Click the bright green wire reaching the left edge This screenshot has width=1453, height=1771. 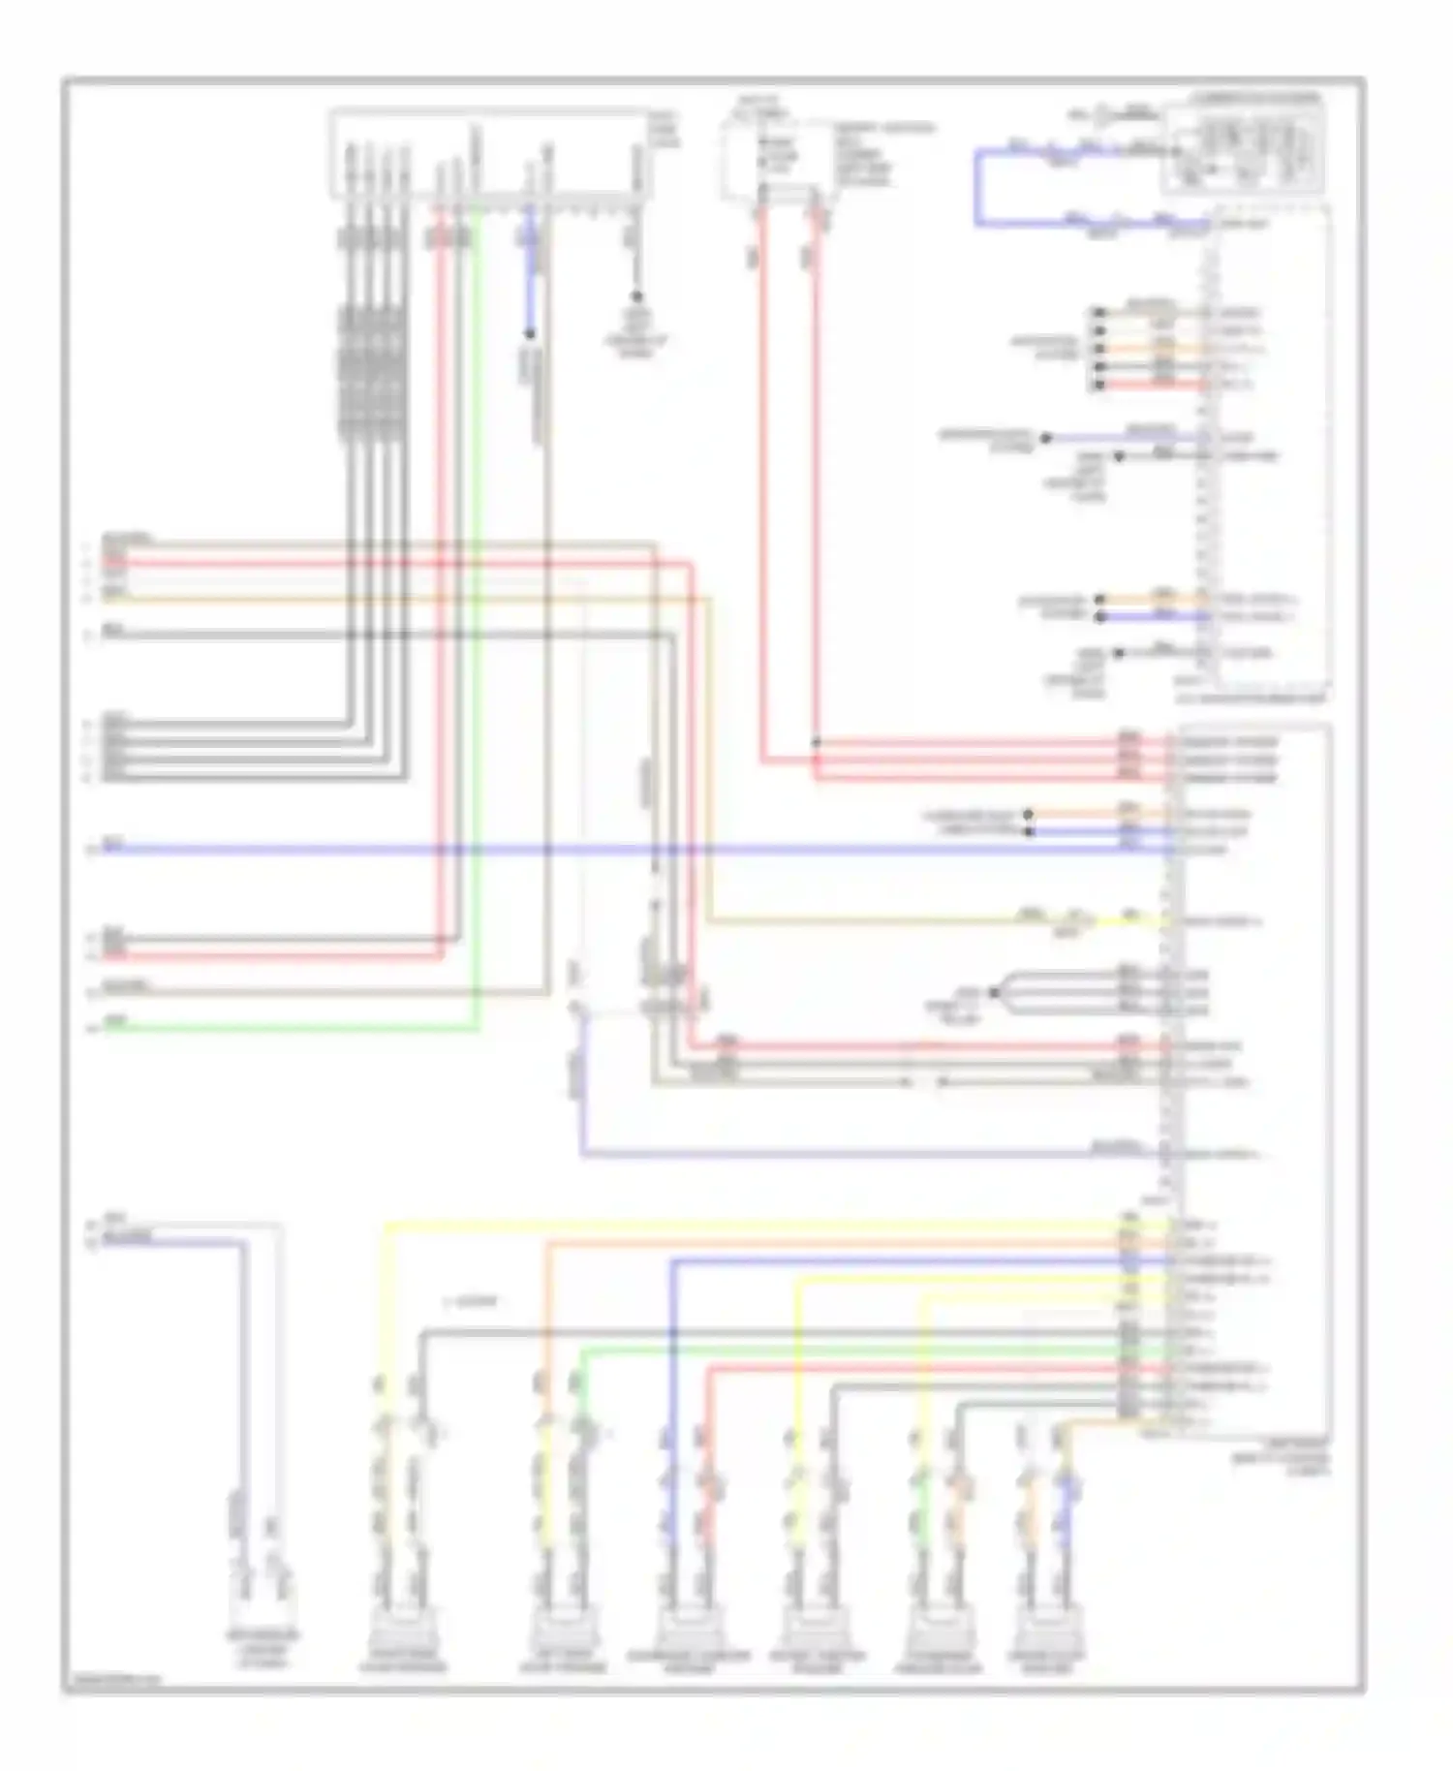pos(291,1028)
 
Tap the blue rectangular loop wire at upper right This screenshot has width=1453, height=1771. pos(978,189)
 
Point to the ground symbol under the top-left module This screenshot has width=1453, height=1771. pos(636,297)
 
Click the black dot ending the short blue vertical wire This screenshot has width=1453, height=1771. pos(530,334)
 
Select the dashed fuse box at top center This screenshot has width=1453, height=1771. pos(775,160)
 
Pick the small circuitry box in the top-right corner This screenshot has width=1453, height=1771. pos(1244,145)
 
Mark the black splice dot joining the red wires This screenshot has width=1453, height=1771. pos(816,743)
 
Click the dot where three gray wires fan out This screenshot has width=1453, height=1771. pos(993,993)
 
